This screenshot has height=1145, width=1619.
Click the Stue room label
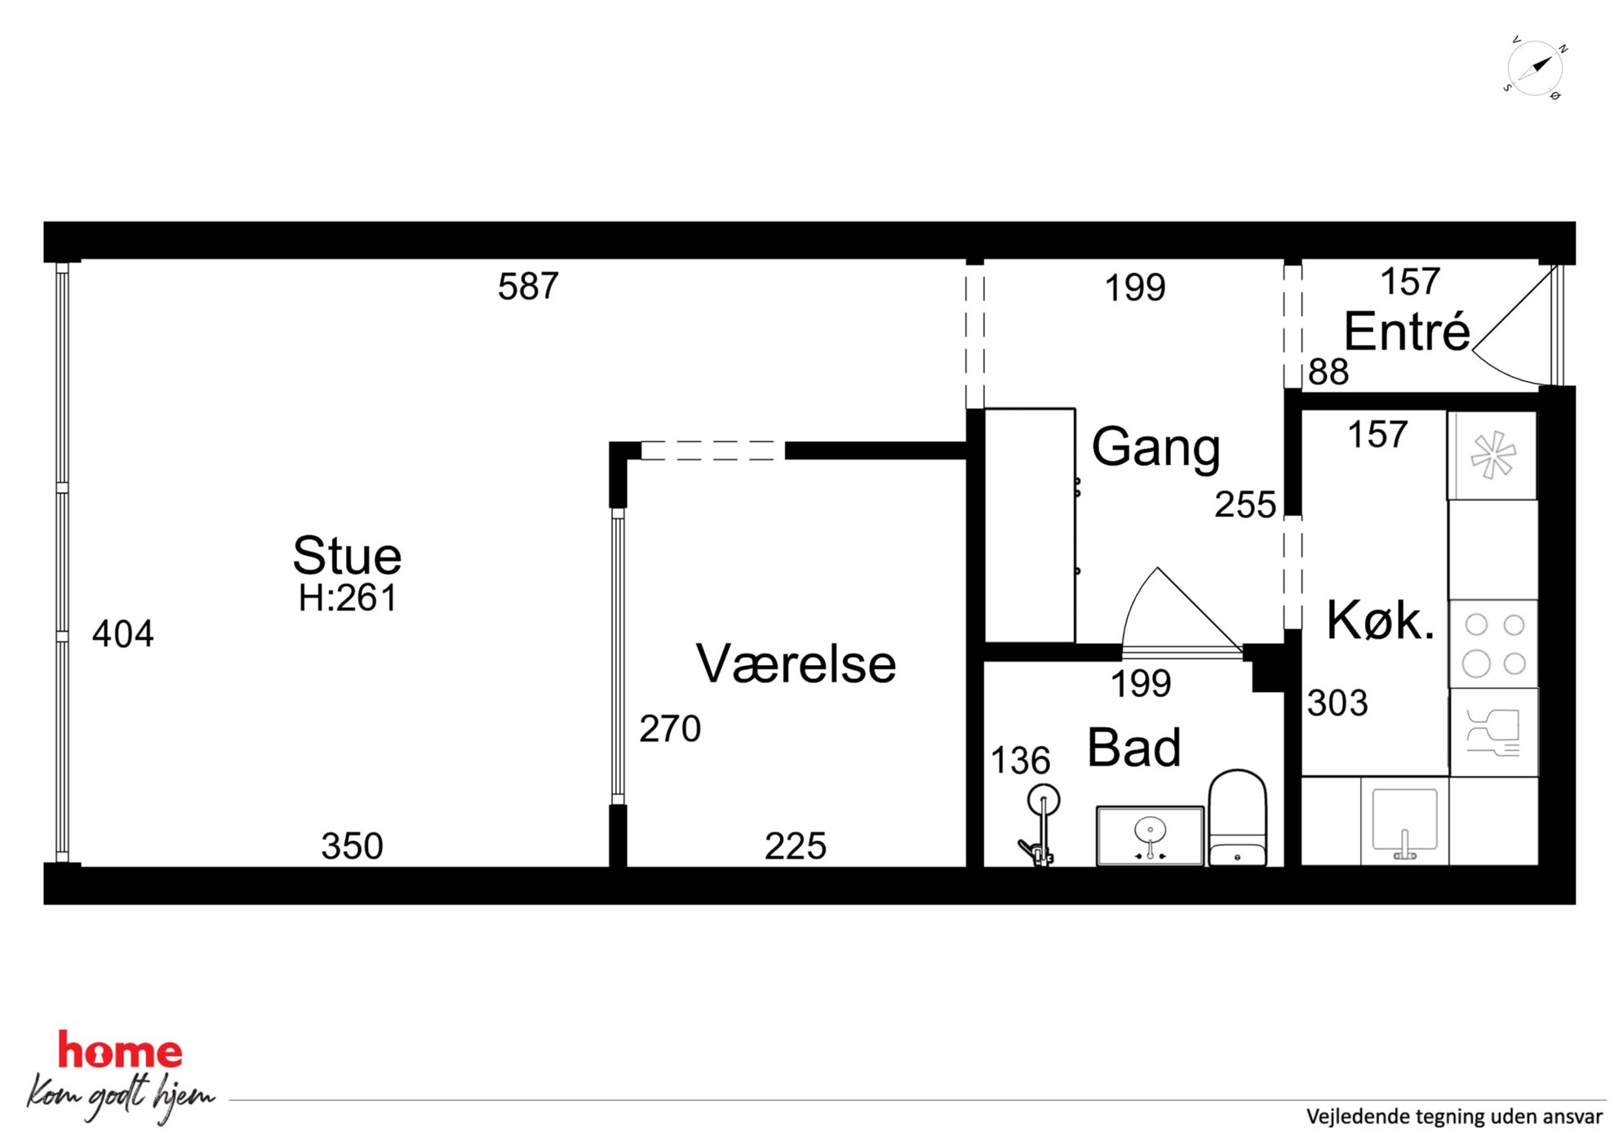pos(347,556)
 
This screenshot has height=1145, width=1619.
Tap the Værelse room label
pos(796,663)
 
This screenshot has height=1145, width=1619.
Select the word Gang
pos(1155,449)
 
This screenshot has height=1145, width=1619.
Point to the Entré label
pos(1407,331)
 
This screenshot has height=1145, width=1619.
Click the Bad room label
pos(1134,748)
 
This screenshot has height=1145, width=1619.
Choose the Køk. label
pos(1380,620)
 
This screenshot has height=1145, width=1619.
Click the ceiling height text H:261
pos(347,598)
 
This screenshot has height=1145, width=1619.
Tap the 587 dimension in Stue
pos(529,286)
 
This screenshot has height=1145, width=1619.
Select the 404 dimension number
pos(122,634)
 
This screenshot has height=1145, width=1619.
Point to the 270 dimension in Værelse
pos(670,729)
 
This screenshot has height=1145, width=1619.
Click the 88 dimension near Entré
pos(1328,372)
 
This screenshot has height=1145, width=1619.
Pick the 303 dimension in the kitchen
pos(1337,703)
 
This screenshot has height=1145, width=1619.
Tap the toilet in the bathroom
pos(1237,817)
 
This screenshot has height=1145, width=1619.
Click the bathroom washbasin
pos(1150,836)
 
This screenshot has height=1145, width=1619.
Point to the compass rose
pos(1534,69)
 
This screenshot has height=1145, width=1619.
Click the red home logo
pos(120,1050)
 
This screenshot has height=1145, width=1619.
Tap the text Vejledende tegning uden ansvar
pos(1454,1116)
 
